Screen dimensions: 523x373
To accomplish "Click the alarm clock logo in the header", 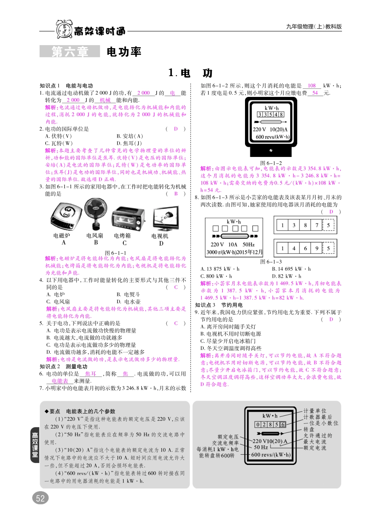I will point(64,29).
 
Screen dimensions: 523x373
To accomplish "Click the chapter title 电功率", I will point(124,52).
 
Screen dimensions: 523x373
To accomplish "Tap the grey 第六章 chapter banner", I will point(70,52).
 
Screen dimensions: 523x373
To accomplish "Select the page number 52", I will point(40,498).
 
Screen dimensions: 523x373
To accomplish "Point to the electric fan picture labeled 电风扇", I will point(95,214).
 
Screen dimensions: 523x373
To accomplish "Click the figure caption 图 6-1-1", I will point(115,253).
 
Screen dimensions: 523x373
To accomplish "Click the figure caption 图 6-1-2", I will point(271,163).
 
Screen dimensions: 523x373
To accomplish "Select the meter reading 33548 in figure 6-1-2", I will point(271,115).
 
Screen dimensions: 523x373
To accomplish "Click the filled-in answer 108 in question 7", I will point(312,86).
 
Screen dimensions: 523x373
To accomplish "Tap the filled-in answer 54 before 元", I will point(315,93).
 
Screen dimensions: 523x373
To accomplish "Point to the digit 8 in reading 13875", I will point(305,225).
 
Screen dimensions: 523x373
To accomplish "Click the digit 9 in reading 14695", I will point(316,248).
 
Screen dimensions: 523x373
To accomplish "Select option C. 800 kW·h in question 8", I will point(216,276).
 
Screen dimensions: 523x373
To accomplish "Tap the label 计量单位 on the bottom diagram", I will point(315,410).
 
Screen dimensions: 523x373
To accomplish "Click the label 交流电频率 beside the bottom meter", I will point(225,443).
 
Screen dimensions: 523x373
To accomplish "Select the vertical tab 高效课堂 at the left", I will point(35,445).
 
